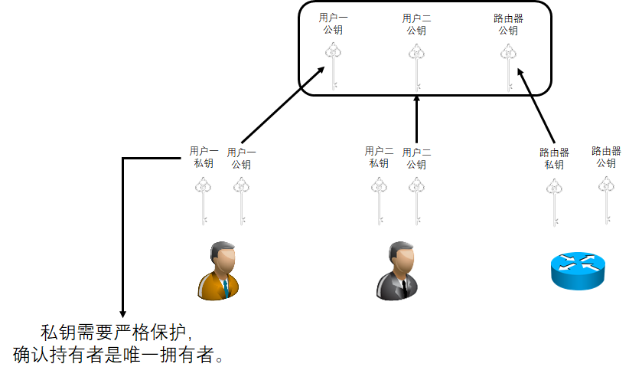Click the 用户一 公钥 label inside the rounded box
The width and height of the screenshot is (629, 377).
(334, 25)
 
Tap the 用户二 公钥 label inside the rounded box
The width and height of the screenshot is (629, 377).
(416, 25)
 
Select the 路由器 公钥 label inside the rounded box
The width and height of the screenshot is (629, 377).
(508, 25)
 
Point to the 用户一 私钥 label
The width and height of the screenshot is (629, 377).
(204, 157)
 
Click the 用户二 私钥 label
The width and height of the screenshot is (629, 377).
(379, 157)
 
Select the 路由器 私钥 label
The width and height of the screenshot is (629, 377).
(554, 159)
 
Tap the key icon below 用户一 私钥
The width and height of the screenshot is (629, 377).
(204, 200)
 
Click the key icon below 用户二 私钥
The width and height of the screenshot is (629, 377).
(379, 200)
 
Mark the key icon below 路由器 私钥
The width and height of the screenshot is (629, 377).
(554, 200)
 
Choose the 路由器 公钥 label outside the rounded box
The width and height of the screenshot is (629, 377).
(606, 157)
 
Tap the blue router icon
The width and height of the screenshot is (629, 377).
(577, 269)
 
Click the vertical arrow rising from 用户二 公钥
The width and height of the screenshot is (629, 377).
(416, 119)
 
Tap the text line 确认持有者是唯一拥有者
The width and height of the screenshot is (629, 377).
(119, 355)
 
